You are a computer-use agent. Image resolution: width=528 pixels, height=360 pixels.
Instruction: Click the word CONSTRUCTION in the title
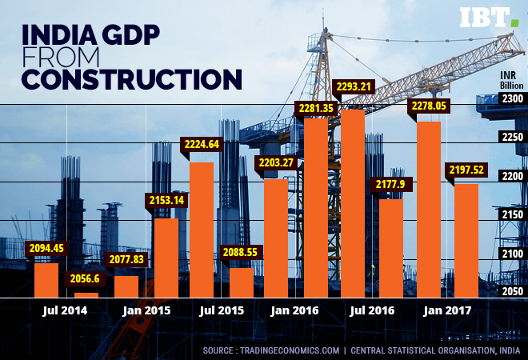[131, 79]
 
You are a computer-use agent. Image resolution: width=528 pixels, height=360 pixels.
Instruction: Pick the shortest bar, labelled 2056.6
[86, 294]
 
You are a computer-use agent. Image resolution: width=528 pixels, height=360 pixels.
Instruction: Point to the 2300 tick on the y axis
[512, 98]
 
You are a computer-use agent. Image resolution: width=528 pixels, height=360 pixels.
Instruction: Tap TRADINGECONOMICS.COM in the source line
[293, 350]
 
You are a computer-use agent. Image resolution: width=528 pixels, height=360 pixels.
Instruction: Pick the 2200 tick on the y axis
[512, 176]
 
